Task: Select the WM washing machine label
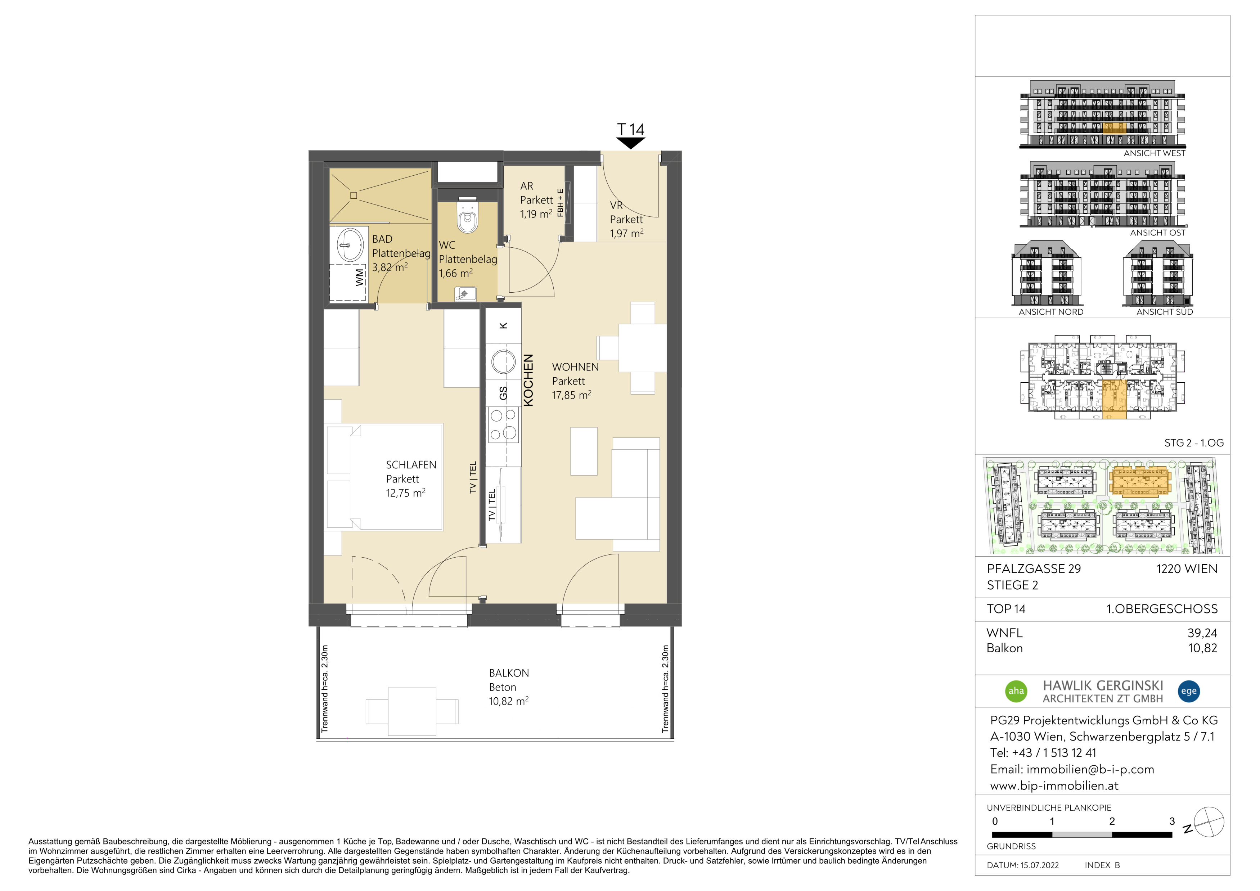pos(359,277)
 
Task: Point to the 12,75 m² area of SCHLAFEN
pos(406,493)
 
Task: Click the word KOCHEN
pos(528,380)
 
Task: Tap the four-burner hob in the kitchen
pos(504,425)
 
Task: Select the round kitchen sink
pos(503,362)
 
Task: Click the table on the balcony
pos(412,712)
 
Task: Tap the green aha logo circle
pos(1016,691)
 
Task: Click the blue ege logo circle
pos(1189,691)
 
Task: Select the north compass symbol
pos(1209,822)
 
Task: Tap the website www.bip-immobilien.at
pos(1054,786)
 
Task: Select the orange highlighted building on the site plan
pos(1140,481)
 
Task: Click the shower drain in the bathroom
pos(354,195)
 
